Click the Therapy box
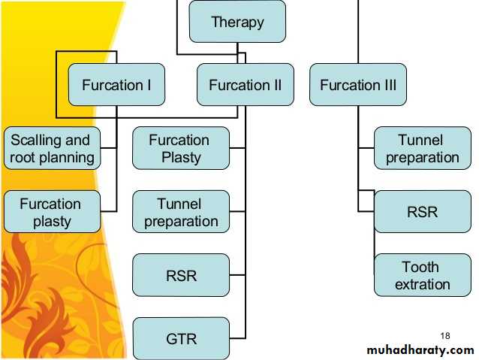237,22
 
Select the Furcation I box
116,85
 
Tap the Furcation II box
246,85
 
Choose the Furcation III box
358,85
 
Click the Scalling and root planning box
52,148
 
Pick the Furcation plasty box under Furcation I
52,212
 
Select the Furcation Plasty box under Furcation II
181,148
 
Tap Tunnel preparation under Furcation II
181,212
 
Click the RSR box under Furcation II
181,275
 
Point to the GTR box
181,339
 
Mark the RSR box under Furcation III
422,212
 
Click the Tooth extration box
422,275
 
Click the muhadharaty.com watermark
420,349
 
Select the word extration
423,284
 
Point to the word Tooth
421,267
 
